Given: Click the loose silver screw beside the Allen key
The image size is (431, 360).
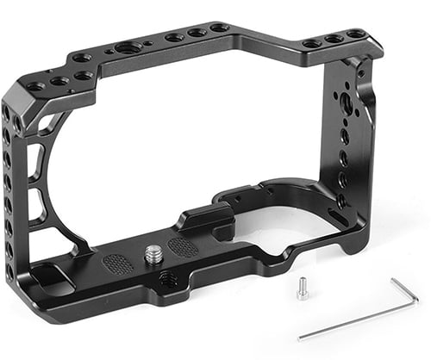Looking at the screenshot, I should click(x=303, y=291).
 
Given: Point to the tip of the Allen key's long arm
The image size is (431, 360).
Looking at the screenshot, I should click(x=301, y=338).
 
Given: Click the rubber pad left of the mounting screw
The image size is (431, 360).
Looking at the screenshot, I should click(x=119, y=262).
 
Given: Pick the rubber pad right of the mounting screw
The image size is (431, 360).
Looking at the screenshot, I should click(x=182, y=247).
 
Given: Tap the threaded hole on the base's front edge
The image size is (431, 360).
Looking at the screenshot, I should click(x=165, y=279).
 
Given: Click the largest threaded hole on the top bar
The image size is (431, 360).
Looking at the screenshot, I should click(x=136, y=44).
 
